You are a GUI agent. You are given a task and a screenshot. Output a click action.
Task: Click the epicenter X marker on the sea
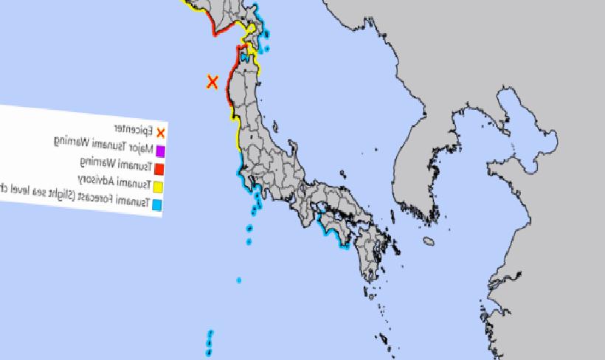tap(212, 82)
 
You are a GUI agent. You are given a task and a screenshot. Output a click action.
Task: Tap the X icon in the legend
tap(161, 133)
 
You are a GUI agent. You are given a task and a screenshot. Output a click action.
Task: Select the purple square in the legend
tap(160, 151)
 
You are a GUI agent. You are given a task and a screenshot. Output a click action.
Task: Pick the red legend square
tap(159, 169)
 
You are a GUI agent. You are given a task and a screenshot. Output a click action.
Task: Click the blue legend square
tap(157, 205)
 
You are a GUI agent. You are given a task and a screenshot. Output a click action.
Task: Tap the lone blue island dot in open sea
tap(239, 280)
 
